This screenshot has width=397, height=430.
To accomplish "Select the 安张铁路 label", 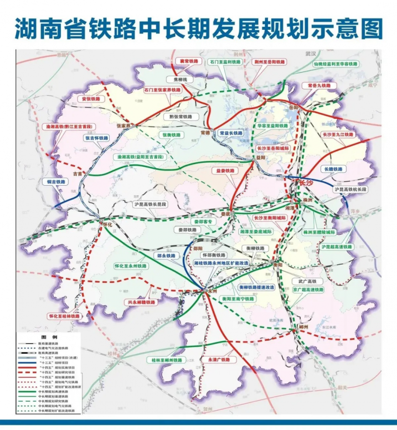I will click(x=91, y=99).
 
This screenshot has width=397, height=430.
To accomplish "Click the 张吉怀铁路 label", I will click(x=97, y=138).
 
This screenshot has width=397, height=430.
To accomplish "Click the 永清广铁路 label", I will click(x=219, y=359).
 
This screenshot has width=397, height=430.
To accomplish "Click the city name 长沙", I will click(x=307, y=183).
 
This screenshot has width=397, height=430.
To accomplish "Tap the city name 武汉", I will click(x=311, y=53).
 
